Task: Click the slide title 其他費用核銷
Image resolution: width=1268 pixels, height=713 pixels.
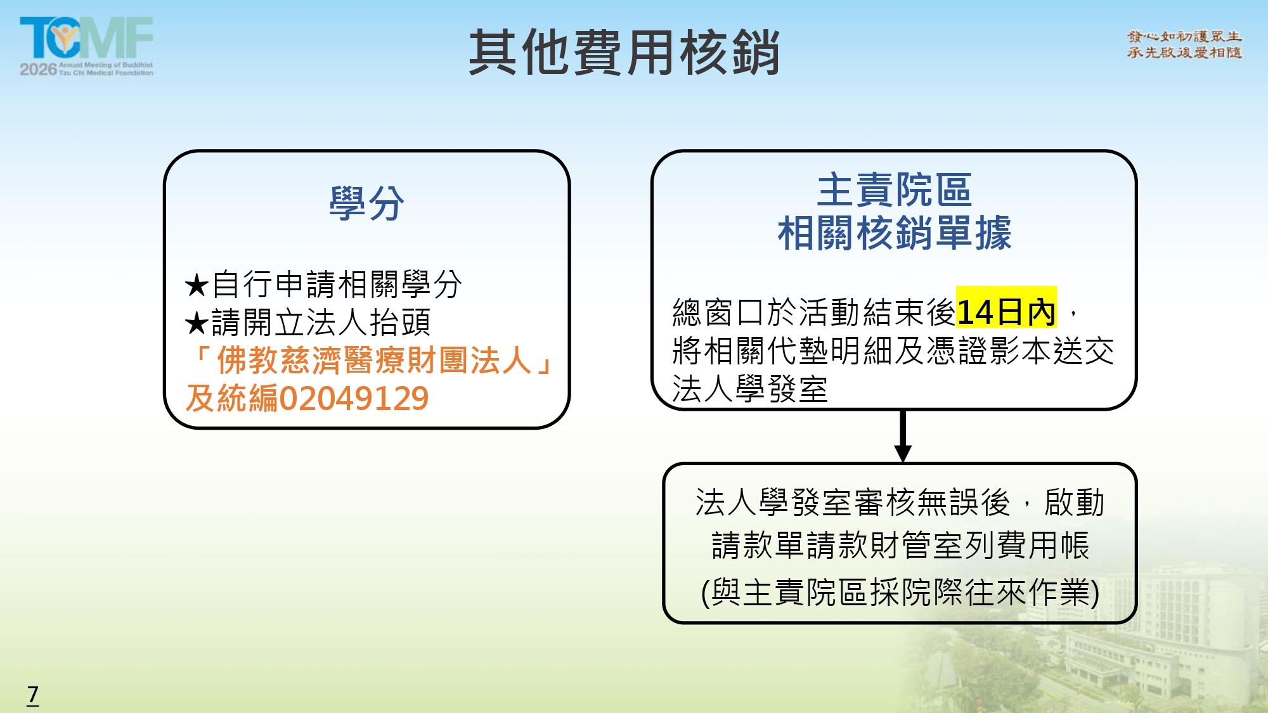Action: (624, 53)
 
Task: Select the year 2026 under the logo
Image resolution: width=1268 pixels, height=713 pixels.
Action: (38, 68)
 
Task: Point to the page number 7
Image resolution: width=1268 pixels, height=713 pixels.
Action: (33, 695)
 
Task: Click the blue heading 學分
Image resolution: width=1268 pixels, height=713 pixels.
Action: (366, 203)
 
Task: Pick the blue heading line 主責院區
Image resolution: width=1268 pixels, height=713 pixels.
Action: (894, 189)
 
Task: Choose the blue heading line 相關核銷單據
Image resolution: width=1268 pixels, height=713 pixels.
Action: (894, 233)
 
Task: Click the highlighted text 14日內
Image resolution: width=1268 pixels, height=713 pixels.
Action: (1006, 311)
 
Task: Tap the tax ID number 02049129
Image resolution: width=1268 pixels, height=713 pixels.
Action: (354, 399)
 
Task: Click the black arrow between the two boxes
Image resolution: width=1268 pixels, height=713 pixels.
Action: (903, 436)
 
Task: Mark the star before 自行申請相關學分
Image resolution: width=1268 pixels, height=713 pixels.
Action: (197, 285)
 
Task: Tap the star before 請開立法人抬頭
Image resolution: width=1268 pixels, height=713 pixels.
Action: (197, 323)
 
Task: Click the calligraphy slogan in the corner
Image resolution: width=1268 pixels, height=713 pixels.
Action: (1184, 44)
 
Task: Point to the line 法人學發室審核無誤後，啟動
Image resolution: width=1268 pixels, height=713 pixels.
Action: (900, 503)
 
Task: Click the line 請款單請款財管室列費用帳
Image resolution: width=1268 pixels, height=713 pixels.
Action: (900, 545)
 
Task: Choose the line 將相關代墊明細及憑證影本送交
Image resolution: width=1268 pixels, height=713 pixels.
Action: (893, 350)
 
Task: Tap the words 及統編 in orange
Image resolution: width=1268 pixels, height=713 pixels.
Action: (232, 399)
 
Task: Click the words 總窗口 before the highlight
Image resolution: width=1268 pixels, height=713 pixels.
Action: (719, 312)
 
